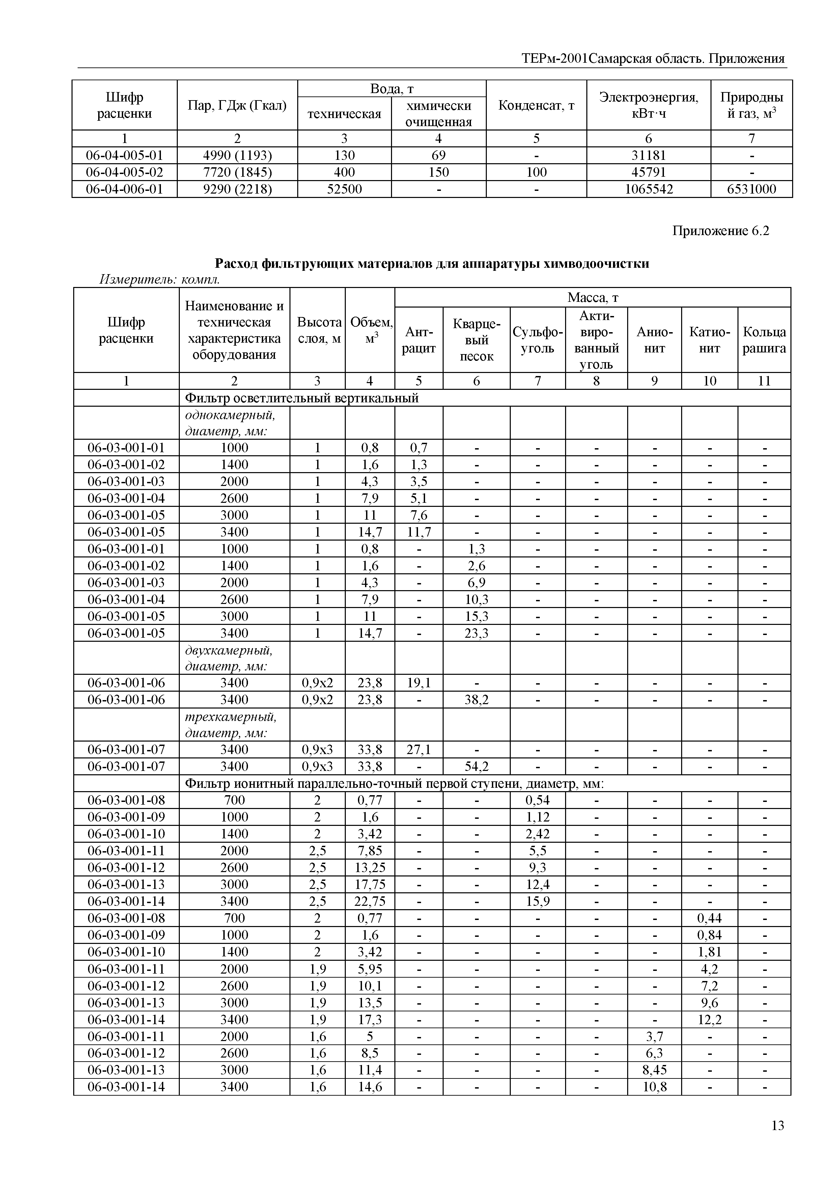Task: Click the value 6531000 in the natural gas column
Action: coord(751,189)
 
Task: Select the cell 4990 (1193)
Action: coord(237,155)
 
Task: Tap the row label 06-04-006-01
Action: coord(124,189)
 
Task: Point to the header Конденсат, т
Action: coord(536,105)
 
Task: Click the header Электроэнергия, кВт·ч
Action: coord(648,105)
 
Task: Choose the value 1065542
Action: coord(648,189)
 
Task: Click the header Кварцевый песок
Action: coord(476,340)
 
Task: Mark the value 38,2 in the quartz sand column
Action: coord(476,700)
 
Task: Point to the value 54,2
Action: coord(476,766)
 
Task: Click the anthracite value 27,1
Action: coord(418,750)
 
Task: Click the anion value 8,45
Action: coord(654,1070)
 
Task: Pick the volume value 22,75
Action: coord(369,901)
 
